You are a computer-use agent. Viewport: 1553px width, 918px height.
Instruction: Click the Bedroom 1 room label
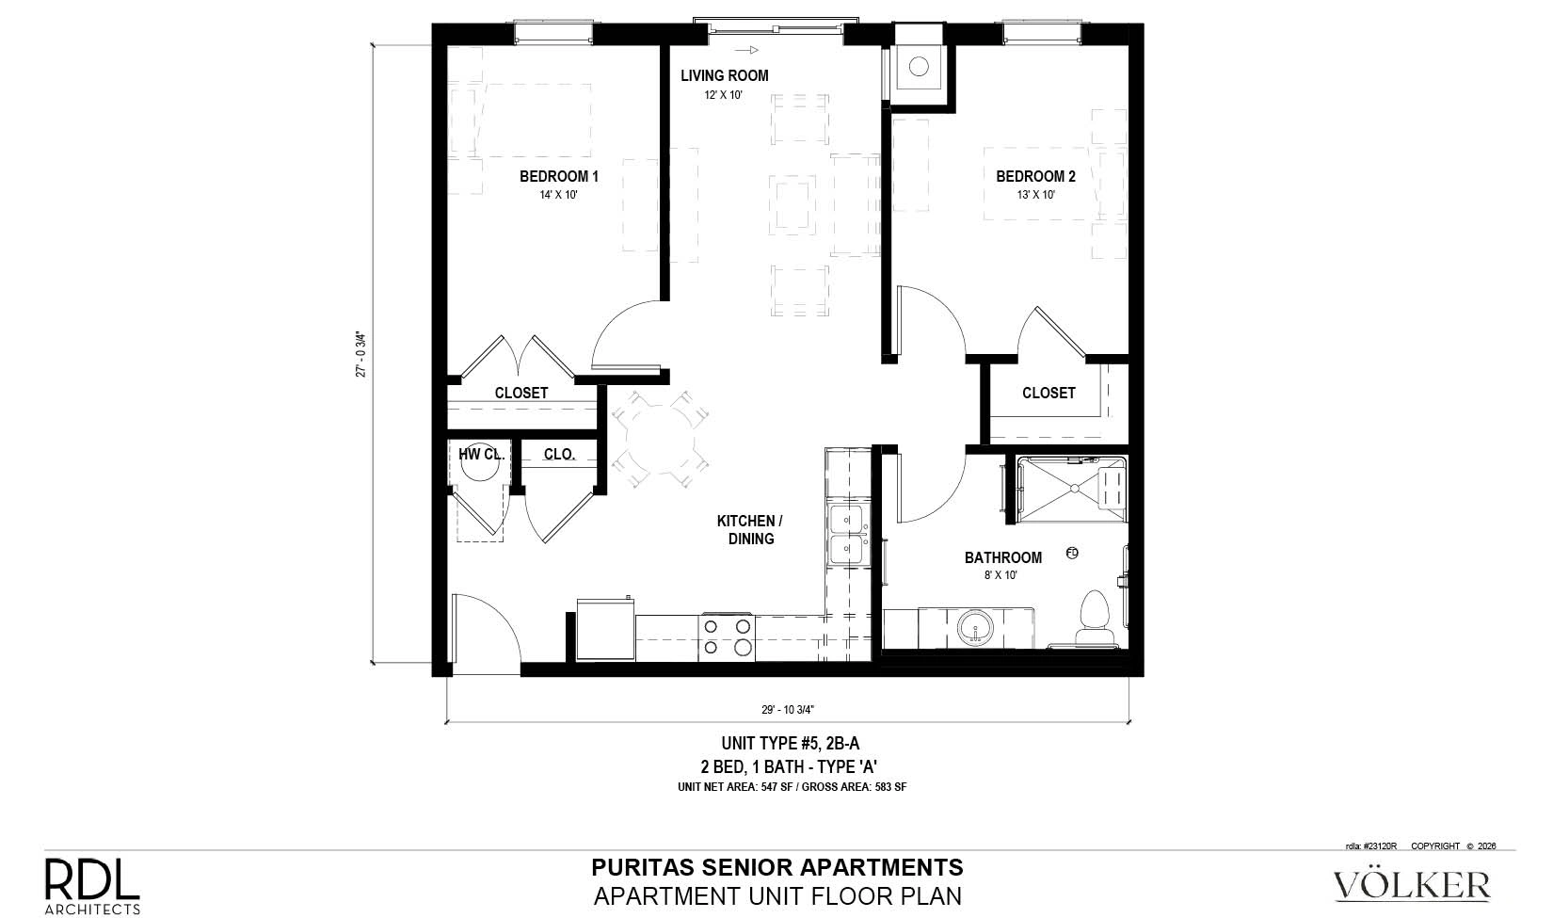coord(559,177)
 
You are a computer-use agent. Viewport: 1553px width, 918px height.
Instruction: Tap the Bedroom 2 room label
coord(1035,177)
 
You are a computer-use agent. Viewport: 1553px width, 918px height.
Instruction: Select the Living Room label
coord(725,75)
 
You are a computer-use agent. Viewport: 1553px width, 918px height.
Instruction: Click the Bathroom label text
coord(1003,557)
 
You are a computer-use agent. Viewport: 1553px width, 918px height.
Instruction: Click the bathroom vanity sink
coord(975,627)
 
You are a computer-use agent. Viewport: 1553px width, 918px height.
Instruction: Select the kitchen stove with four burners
coord(727,637)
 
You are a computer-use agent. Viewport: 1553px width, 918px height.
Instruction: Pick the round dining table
coord(660,441)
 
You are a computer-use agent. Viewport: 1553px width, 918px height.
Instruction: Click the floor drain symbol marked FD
coord(1072,553)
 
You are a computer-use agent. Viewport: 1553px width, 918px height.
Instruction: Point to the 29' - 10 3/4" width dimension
coord(788,709)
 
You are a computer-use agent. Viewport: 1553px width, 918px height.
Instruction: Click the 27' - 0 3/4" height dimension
coord(360,354)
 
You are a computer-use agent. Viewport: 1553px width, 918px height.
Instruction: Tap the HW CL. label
coord(481,454)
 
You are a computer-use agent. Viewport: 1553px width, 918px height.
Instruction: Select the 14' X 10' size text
coord(559,195)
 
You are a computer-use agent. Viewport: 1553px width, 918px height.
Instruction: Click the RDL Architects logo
coord(92,886)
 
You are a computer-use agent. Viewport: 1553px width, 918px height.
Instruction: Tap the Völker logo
coord(1412,885)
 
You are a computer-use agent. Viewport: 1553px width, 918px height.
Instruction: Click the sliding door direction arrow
coord(746,50)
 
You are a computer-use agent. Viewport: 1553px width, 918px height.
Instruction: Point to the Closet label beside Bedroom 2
coord(1049,394)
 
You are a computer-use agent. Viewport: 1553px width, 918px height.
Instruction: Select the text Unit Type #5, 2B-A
coord(791,743)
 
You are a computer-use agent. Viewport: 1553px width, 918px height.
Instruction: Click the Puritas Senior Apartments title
coord(777,867)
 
